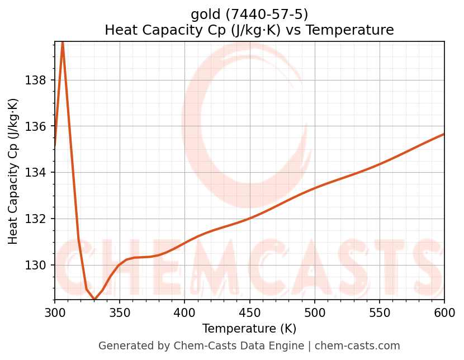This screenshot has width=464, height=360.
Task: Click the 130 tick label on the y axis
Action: tap(36, 265)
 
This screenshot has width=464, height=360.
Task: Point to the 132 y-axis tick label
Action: tap(36, 219)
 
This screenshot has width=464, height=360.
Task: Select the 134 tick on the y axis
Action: tap(36, 172)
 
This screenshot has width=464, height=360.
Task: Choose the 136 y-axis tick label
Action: tap(36, 126)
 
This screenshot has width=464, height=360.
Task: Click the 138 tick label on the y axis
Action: tap(36, 80)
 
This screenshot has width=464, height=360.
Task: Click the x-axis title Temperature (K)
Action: tap(249, 329)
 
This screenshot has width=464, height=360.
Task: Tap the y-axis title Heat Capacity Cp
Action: tap(13, 171)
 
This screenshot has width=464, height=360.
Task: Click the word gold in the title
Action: tap(206, 14)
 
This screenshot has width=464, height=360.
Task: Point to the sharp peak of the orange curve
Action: tap(63, 42)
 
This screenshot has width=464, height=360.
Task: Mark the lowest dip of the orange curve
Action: tap(94, 300)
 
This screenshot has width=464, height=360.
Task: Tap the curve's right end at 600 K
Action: tap(444, 134)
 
